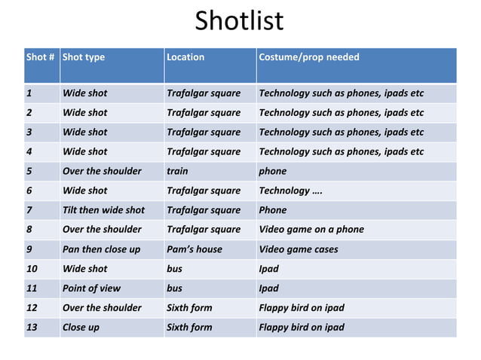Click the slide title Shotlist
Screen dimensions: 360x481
[240, 21]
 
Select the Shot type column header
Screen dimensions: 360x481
[84, 57]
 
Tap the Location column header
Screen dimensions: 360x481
[185, 57]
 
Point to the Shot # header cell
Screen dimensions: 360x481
[41, 57]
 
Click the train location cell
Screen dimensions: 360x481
[177, 171]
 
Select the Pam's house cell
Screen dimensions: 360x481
[194, 249]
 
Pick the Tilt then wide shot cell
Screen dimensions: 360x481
[103, 210]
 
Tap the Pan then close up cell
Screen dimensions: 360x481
[101, 249]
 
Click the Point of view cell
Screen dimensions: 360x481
[92, 288]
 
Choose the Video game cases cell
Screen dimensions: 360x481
[298, 249]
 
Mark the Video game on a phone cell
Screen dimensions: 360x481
[311, 230]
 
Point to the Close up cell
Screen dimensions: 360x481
[81, 328]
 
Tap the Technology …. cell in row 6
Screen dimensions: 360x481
[291, 191]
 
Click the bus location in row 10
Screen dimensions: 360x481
[174, 269]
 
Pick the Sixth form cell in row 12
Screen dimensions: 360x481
[188, 308]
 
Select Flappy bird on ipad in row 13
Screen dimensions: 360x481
[301, 328]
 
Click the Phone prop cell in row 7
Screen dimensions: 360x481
[272, 210]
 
